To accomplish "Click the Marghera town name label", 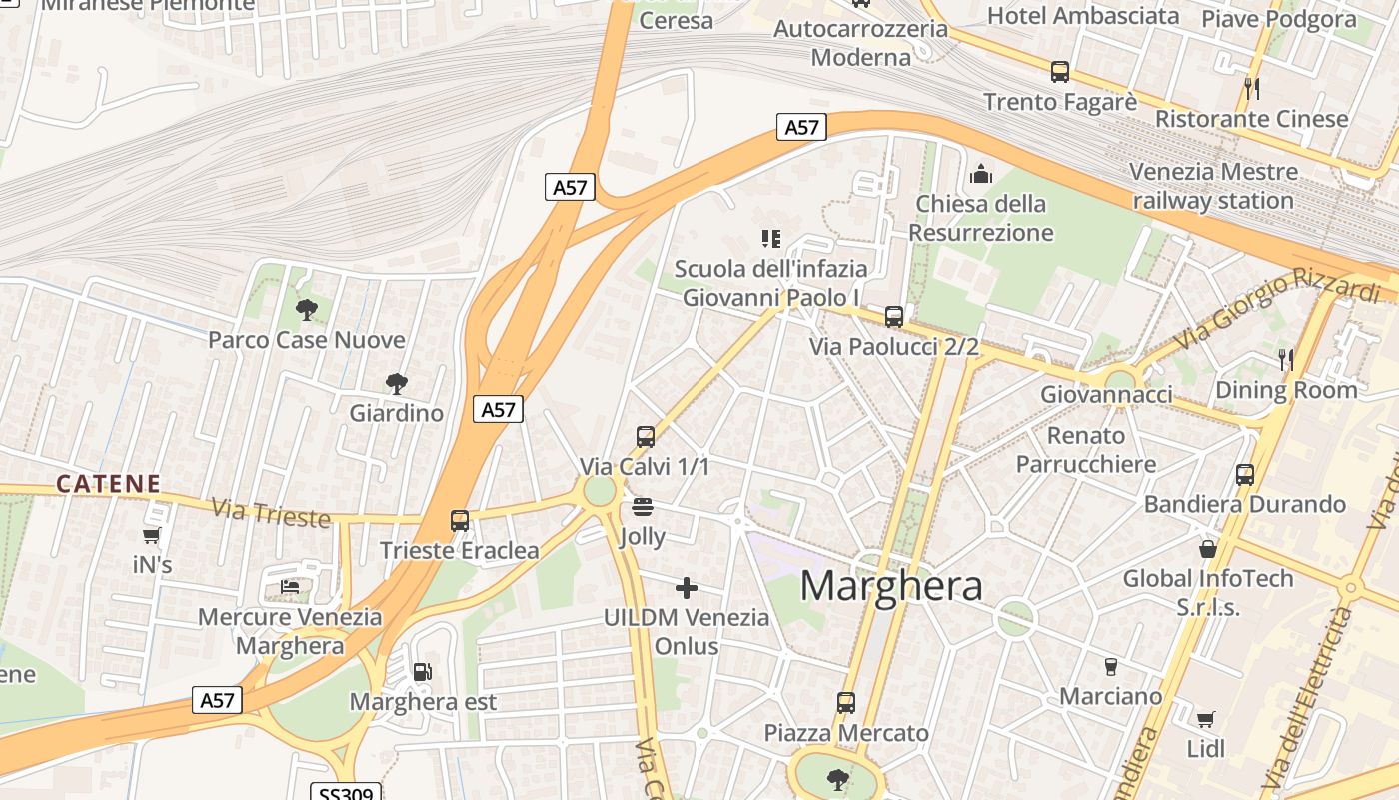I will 891,585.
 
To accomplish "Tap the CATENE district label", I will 108,484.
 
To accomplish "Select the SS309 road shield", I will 346,793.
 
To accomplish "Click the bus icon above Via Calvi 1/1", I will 646,437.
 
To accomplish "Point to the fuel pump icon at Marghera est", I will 423,672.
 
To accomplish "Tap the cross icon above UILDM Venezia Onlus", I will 687,587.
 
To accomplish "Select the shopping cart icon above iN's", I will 152,536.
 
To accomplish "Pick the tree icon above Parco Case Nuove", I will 307,310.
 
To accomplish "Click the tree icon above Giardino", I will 397,383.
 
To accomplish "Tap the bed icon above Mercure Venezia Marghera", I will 290,587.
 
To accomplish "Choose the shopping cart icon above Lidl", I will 1206,719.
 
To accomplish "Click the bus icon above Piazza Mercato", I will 846,703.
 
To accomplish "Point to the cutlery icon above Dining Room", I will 1286,360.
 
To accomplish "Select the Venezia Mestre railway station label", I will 1213,186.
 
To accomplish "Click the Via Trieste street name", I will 270,513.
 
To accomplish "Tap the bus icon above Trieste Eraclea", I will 460,521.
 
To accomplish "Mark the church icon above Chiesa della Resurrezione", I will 981,175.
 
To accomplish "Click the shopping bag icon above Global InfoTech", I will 1208,549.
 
